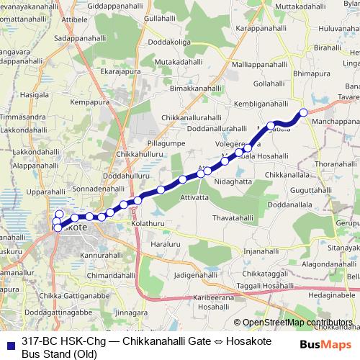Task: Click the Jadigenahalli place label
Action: [x=195, y=276]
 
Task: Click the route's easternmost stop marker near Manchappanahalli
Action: [x=303, y=112]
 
